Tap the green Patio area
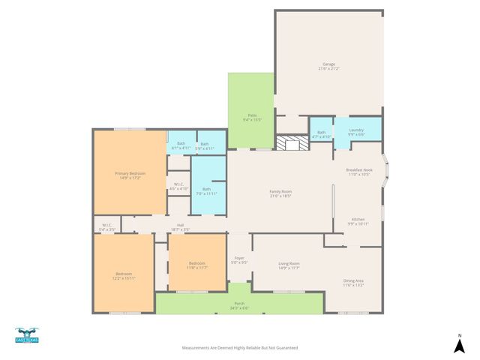tap(252, 116)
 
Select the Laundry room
tap(356, 132)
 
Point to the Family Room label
tap(280, 193)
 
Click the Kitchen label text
tap(358, 221)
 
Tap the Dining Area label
tap(353, 283)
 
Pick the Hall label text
tap(180, 226)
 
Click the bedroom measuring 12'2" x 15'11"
tap(123, 276)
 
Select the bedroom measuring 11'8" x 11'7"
tap(197, 265)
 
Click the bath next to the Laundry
tap(321, 134)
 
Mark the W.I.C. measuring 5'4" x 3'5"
tap(106, 226)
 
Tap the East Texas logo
tap(26, 336)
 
